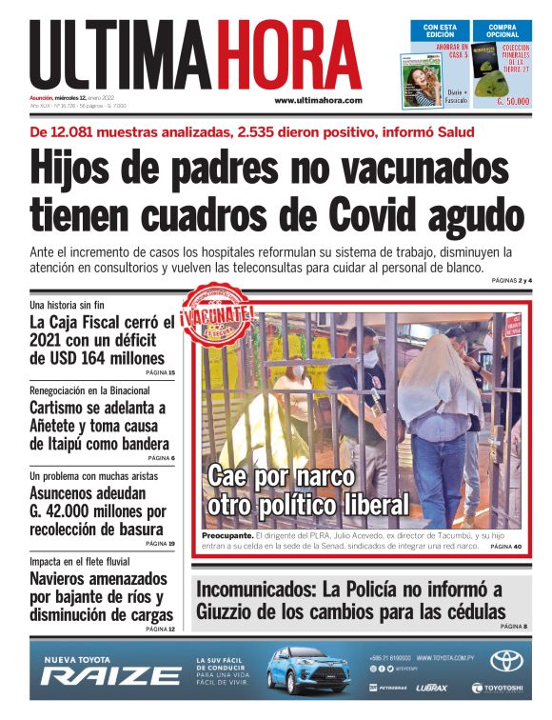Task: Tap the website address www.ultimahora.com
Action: pos(318,100)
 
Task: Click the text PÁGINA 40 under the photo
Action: pos(505,547)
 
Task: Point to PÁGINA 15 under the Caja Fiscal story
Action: pos(160,372)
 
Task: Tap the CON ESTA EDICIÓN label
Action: pos(441,30)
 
